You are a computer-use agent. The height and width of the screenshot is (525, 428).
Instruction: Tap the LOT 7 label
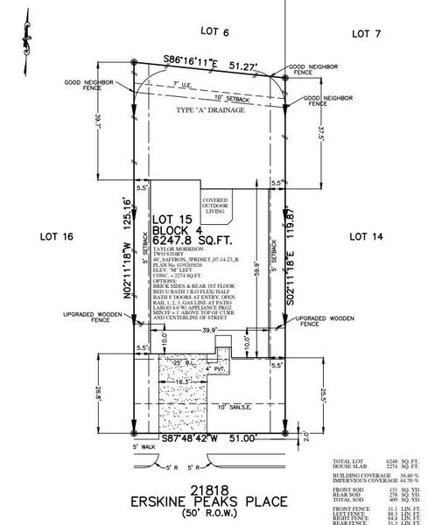coord(366,32)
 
